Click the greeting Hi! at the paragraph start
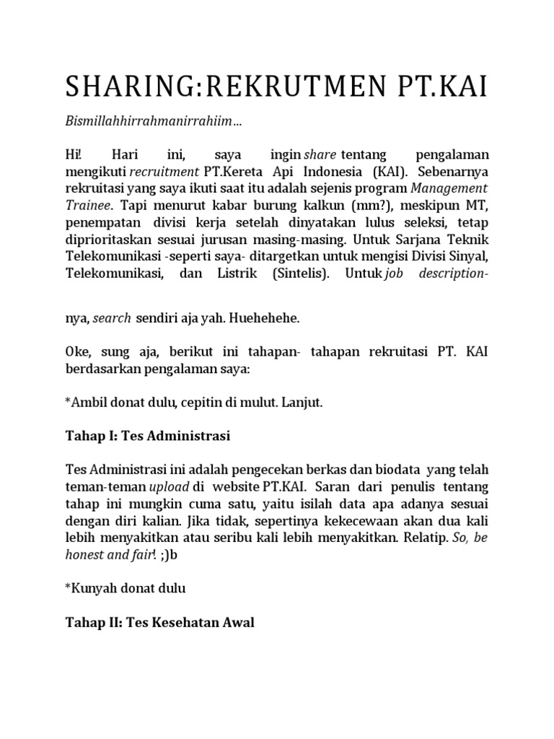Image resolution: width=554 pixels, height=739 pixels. pos(73,155)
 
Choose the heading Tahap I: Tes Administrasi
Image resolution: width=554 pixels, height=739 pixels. pos(147,436)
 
